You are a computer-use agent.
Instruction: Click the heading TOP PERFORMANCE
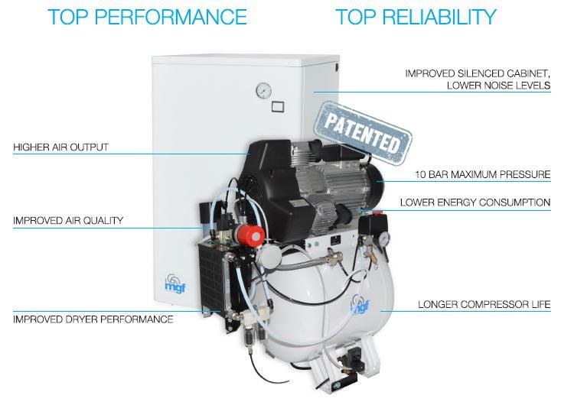coord(147,17)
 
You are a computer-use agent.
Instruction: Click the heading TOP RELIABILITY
coord(416,17)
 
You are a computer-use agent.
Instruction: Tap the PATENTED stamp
coord(363,133)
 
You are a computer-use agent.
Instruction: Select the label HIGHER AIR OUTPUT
coord(60,147)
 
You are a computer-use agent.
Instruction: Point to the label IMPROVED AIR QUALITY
coord(68,221)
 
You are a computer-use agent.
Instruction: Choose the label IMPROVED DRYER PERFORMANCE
coord(93,319)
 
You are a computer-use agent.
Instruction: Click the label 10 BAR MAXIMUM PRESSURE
coord(482,175)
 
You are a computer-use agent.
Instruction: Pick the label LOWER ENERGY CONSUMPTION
coord(475,203)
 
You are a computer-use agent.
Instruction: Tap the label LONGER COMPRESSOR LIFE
coord(484,305)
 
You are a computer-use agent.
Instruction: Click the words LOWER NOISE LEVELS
coord(498,86)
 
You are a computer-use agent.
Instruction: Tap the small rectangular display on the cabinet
coord(280,107)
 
